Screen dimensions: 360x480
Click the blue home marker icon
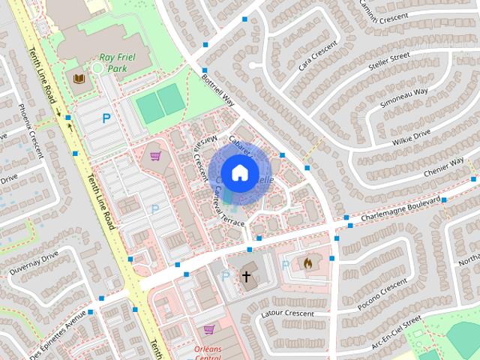(x=239, y=172)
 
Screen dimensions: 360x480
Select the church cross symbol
(x=246, y=277)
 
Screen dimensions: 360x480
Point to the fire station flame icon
(x=307, y=263)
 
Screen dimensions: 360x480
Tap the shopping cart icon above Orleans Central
(x=209, y=328)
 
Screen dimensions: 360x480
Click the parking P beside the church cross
(x=226, y=277)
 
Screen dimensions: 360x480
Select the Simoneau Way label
(x=404, y=98)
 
